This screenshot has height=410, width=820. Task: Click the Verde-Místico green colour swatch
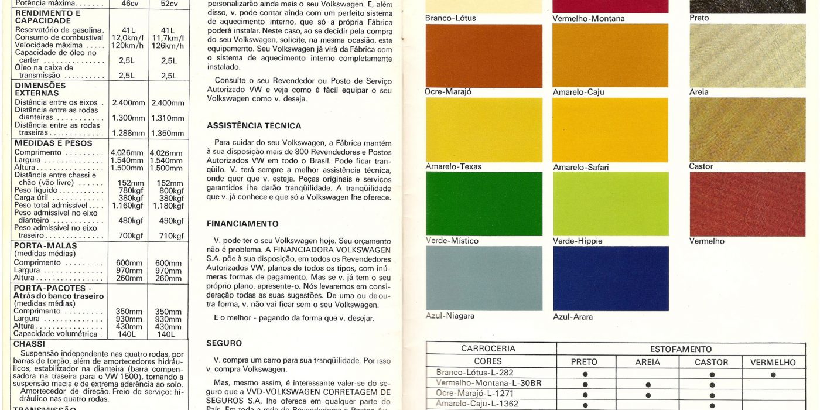coord(484,204)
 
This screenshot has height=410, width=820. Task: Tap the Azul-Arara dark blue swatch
coord(610,278)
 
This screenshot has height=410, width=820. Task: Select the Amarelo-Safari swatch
coord(610,129)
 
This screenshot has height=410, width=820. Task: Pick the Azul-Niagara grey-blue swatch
coord(484,278)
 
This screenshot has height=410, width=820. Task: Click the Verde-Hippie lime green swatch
coord(610,204)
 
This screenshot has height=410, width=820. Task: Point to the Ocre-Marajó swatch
coord(484,56)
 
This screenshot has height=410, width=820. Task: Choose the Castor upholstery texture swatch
coord(747,129)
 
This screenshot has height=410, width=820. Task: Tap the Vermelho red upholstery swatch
coord(747,204)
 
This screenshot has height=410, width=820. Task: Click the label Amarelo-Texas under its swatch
coord(453,167)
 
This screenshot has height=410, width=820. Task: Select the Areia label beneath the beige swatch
coord(699,92)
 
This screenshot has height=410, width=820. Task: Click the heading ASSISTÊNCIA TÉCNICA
coord(254,126)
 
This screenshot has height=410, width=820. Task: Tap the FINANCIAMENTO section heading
coord(242,224)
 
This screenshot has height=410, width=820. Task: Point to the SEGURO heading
coord(224,343)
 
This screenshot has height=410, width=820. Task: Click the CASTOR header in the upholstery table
coord(712,363)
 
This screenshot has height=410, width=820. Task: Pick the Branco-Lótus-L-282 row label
coord(475,373)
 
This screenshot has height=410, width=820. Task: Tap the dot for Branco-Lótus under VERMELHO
coord(773,374)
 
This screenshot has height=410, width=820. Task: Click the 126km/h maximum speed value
coord(168,46)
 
